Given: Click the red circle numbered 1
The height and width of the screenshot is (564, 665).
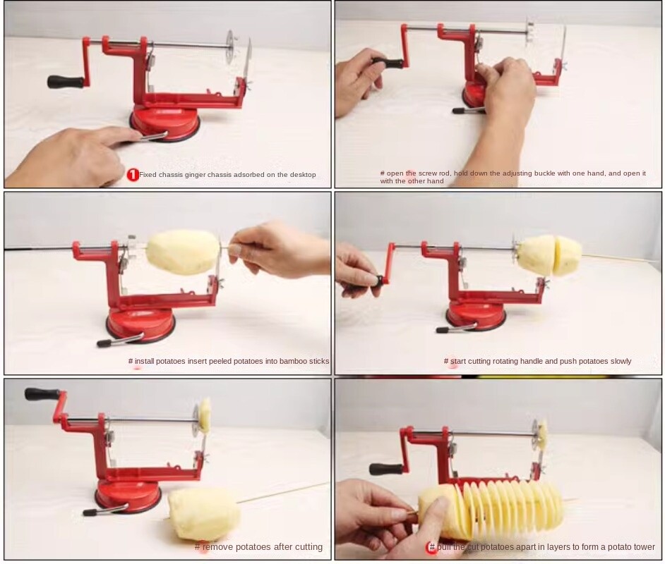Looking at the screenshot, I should click(133, 175).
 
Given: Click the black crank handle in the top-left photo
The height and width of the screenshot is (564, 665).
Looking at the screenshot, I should click(65, 82).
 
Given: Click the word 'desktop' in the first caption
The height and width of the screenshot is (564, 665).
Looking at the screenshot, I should click(300, 175).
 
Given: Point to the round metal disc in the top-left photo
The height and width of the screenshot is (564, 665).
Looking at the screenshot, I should click(231, 47).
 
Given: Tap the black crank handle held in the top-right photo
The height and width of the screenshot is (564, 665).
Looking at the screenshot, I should click(388, 63).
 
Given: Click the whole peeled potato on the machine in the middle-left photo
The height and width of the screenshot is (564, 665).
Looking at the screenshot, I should click(184, 252).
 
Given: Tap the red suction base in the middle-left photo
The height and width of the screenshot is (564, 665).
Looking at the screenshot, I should click(140, 326).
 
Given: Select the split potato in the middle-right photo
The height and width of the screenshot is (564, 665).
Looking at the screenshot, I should click(549, 255).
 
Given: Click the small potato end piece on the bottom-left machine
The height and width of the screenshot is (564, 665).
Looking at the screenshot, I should click(205, 415).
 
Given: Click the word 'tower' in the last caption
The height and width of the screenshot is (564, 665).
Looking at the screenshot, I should click(644, 547).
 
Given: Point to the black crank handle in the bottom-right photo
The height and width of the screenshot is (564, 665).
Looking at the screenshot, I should click(386, 469).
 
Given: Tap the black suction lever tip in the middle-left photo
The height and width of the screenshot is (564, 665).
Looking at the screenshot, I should click(104, 344).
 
